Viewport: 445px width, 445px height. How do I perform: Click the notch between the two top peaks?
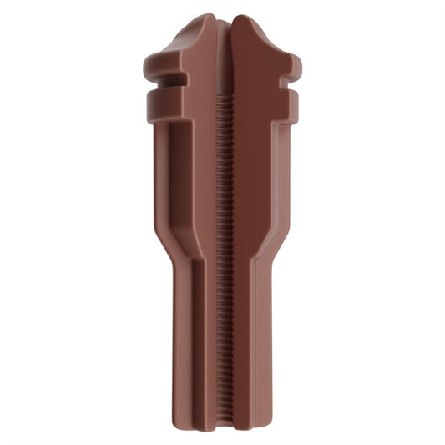[223, 23]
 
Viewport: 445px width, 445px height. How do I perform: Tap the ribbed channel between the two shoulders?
[223, 250]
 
